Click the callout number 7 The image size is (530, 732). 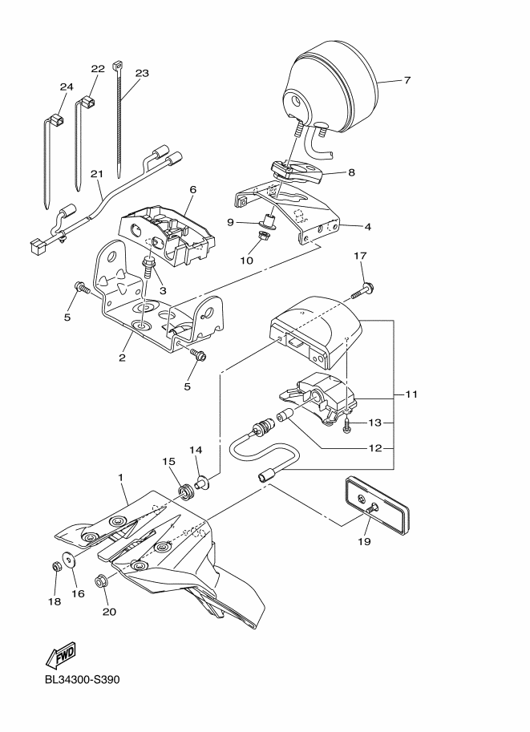pyautogui.click(x=407, y=80)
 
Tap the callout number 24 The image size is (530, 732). pyautogui.click(x=66, y=87)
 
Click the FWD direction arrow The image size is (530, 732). pyautogui.click(x=61, y=657)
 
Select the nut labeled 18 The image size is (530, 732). pyautogui.click(x=56, y=566)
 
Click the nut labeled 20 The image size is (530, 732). pyautogui.click(x=102, y=581)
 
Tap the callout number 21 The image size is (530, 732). pyautogui.click(x=97, y=173)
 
